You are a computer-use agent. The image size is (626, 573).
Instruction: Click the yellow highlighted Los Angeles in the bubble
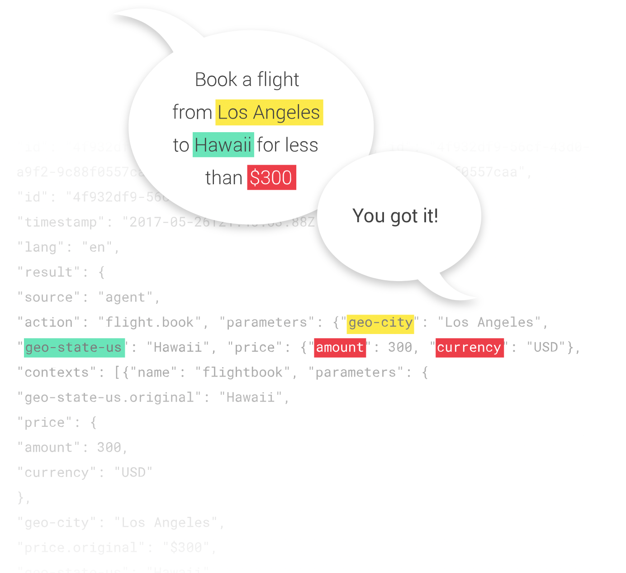(x=269, y=113)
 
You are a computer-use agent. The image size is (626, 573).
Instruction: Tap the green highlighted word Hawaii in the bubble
(x=223, y=145)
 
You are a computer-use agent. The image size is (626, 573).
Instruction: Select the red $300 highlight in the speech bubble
(x=271, y=177)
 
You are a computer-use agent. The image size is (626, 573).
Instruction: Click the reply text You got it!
(x=395, y=216)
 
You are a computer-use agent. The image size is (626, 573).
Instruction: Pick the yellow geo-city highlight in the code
(x=380, y=323)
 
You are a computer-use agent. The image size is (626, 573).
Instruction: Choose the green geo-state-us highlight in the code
(x=74, y=348)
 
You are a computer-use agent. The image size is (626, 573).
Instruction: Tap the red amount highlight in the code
(x=340, y=348)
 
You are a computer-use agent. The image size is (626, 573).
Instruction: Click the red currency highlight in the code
(x=469, y=348)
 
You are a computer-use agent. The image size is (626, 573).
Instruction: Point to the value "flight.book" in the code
(x=150, y=323)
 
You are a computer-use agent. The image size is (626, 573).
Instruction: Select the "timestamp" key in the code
(x=61, y=222)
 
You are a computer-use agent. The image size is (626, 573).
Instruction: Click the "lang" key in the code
(x=40, y=248)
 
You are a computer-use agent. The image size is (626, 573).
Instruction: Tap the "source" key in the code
(x=48, y=297)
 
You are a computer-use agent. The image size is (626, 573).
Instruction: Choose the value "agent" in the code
(x=125, y=297)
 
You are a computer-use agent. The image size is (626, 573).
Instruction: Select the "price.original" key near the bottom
(x=81, y=548)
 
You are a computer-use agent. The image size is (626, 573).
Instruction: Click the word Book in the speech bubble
(x=216, y=80)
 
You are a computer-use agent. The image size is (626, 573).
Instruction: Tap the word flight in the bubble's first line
(x=278, y=80)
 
